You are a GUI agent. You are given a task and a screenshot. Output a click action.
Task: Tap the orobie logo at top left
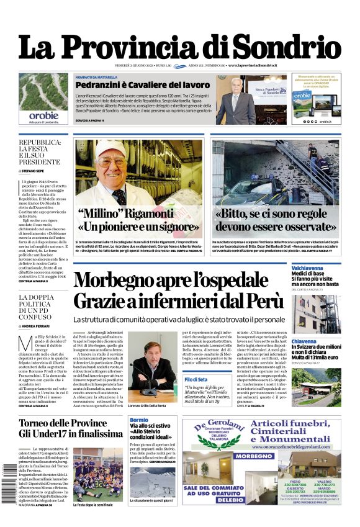tap(43, 115)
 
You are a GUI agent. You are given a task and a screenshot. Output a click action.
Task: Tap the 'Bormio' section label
tap(139, 420)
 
